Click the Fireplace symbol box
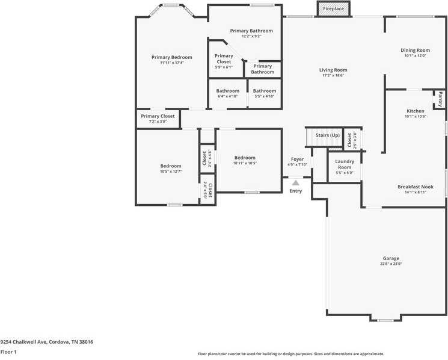coord(333,9)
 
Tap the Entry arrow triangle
coord(295,182)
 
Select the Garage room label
coord(391,258)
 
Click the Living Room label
coord(333,70)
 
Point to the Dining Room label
coord(416,50)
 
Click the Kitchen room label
coord(416,111)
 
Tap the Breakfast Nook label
coord(416,187)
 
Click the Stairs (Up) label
coord(328,135)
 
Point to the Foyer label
coord(297,159)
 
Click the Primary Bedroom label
coord(171,57)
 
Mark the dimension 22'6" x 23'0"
coord(391,264)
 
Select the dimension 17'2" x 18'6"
coord(333,75)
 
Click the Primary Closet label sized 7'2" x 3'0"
coord(158,116)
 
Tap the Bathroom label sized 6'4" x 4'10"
coord(228,91)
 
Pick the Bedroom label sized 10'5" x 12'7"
coord(171,166)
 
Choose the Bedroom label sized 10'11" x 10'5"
coord(245,158)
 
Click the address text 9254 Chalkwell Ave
coord(24,341)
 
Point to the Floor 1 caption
coord(8,352)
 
